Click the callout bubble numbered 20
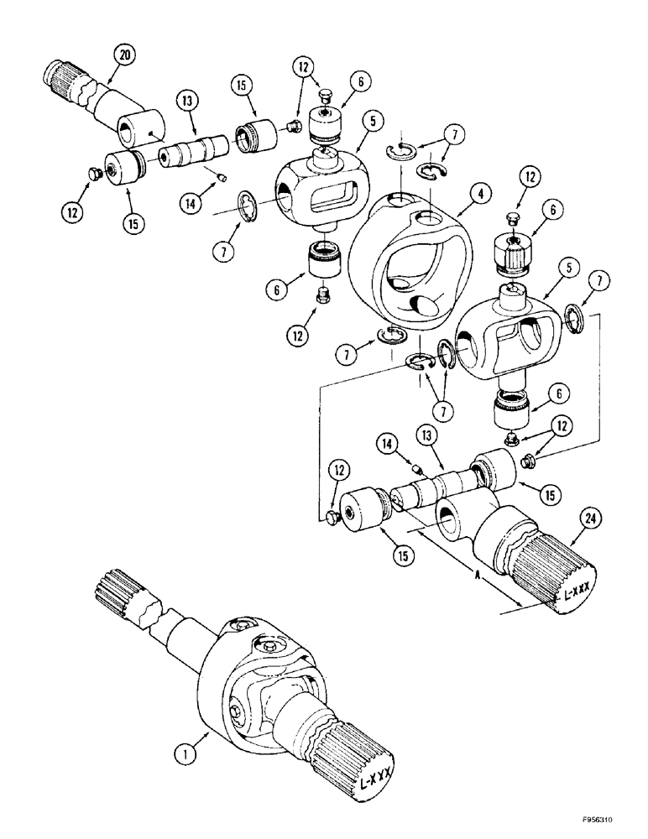click(x=124, y=55)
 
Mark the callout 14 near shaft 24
click(x=389, y=443)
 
